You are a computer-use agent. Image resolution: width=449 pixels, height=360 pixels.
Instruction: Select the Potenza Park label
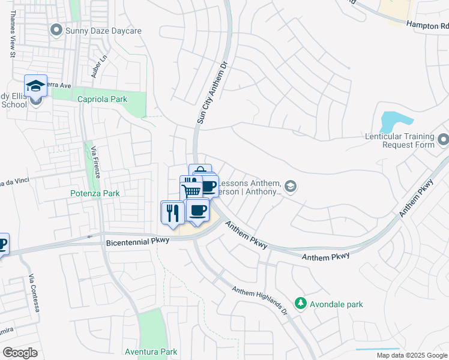95,193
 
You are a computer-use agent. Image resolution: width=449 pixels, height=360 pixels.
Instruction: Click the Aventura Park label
151,351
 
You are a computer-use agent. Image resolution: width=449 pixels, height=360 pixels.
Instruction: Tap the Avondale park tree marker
301,304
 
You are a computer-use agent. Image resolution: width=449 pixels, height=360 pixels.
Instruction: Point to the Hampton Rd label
427,26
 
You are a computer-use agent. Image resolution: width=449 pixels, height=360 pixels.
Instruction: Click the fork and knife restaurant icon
172,212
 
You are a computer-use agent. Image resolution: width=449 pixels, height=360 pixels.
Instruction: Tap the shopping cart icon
191,191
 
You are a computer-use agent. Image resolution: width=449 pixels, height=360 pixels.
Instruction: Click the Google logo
20,353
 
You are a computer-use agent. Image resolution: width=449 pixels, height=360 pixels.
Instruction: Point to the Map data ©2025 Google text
411,355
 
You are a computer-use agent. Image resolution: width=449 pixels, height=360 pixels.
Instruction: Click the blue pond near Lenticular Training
393,120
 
